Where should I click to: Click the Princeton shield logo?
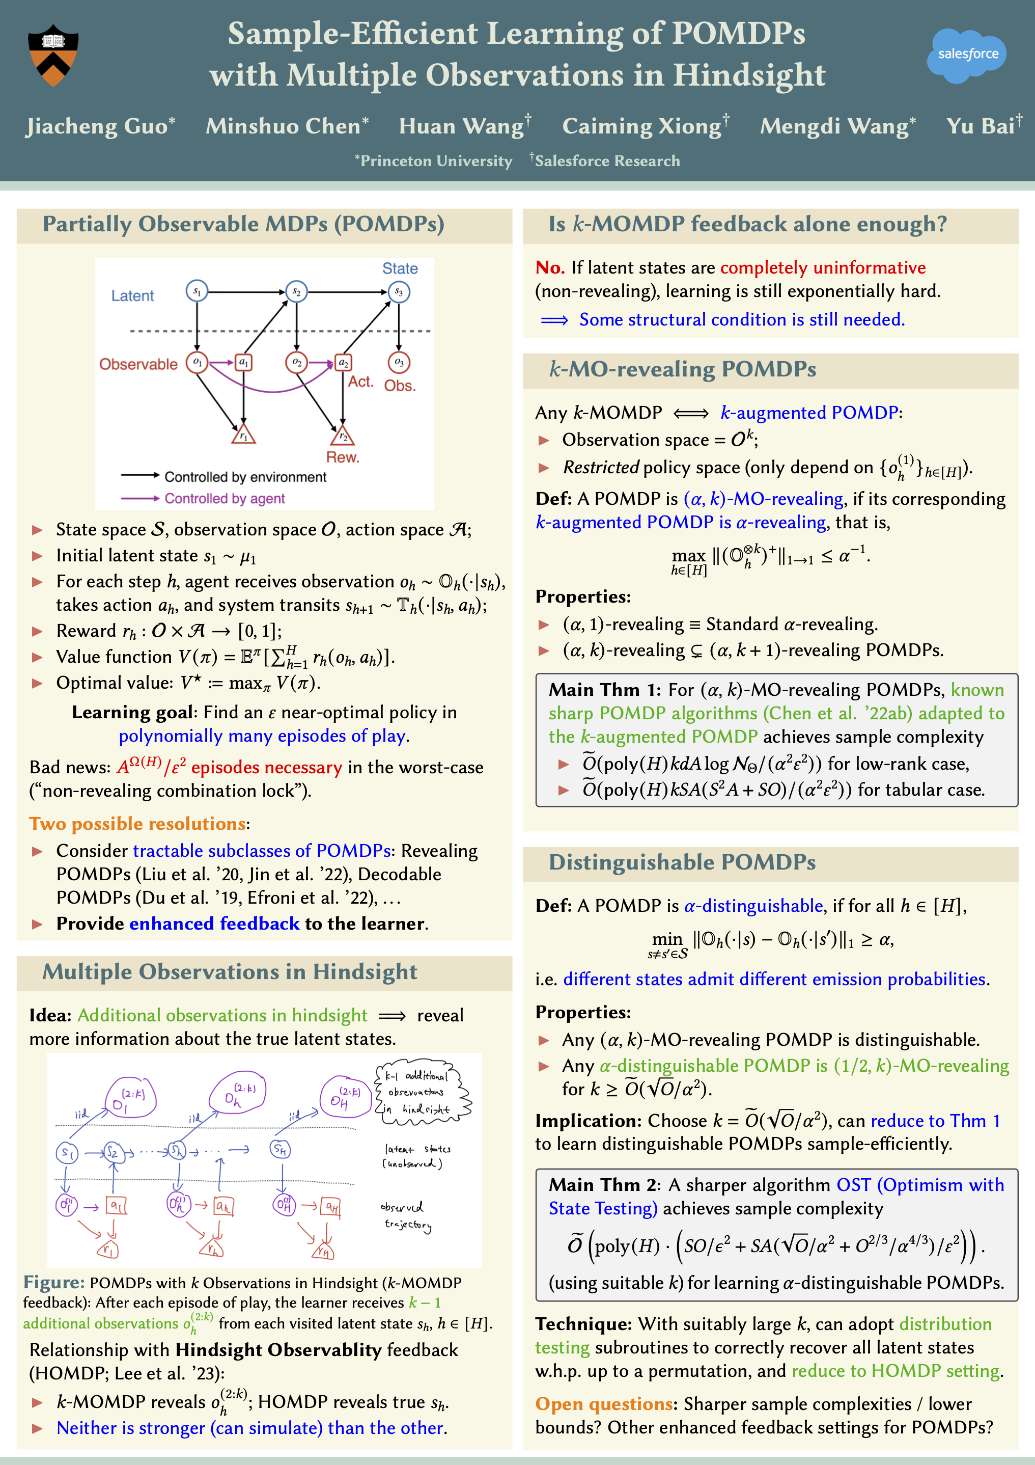coord(53,56)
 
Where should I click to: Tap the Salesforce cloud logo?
coord(967,55)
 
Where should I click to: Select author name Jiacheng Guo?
coord(100,126)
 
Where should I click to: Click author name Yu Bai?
coord(983,126)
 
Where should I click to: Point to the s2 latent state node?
coord(296,291)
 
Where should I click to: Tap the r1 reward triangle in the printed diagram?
coord(243,435)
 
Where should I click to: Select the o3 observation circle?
coord(399,362)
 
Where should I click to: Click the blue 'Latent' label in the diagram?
coord(133,296)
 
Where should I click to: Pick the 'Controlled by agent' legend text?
coord(225,498)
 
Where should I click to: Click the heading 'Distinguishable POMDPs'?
coord(682,862)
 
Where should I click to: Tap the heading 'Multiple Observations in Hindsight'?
coord(230,972)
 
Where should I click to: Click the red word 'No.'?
coord(550,267)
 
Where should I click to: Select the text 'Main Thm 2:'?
coord(604,1185)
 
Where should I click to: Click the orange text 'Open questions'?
coord(603,1404)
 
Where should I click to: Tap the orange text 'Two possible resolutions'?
coord(137,824)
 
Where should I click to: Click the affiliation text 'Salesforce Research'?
coord(606,161)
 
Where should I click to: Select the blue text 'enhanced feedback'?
coord(214,924)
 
